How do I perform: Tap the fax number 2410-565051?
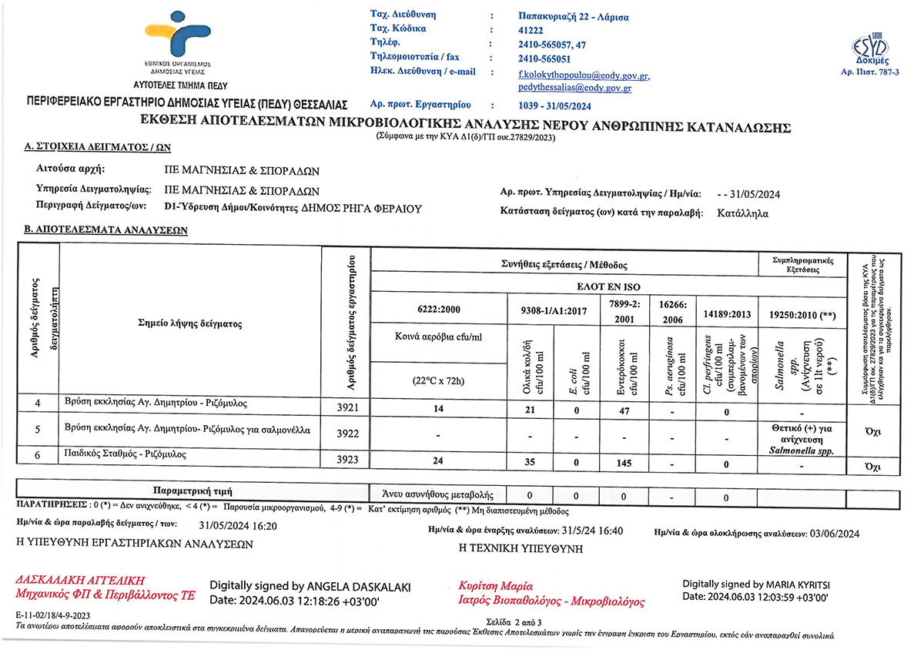coord(545,58)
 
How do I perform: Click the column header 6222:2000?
coord(438,310)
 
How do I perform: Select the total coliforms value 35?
coord(529,463)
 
